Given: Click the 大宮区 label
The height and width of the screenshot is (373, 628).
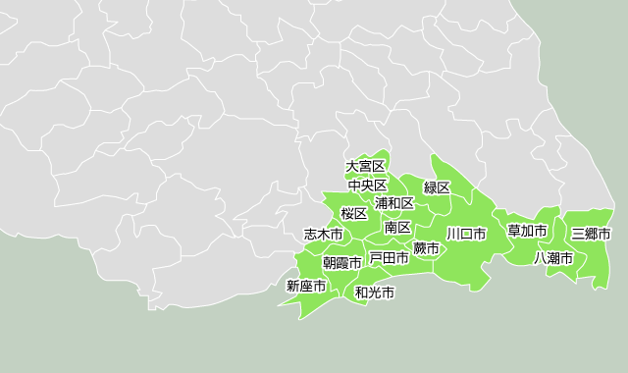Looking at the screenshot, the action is (366, 167).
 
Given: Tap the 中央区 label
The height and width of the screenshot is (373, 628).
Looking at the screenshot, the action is (368, 186).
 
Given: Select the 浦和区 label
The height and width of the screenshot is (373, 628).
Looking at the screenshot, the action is (394, 203).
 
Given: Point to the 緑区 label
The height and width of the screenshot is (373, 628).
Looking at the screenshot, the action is (437, 187).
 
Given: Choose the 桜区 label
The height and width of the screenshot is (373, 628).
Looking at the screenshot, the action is (353, 214).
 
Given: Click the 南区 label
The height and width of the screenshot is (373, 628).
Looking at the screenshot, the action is (397, 228).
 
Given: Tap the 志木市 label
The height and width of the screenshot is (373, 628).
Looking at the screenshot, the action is (324, 236).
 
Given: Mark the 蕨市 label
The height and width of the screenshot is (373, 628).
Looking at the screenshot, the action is (426, 248).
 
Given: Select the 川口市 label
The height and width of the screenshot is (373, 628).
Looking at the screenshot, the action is (466, 235).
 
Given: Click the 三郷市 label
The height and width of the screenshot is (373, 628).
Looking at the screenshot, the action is (591, 235).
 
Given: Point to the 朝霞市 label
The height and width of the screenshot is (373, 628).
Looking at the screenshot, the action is (342, 263).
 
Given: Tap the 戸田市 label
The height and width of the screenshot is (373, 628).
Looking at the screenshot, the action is (389, 258).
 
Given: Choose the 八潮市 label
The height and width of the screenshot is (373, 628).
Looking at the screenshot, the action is (553, 258).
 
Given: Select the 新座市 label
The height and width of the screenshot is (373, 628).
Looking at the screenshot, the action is (306, 287).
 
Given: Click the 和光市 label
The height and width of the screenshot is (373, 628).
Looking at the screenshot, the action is (375, 293).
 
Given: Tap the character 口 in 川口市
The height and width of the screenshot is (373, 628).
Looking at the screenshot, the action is (466, 235).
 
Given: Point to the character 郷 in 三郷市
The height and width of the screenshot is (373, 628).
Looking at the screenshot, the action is (591, 235).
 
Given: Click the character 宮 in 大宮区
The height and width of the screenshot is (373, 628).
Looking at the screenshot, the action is (366, 167).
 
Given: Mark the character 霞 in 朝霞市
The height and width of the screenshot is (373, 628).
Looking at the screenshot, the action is (342, 263).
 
